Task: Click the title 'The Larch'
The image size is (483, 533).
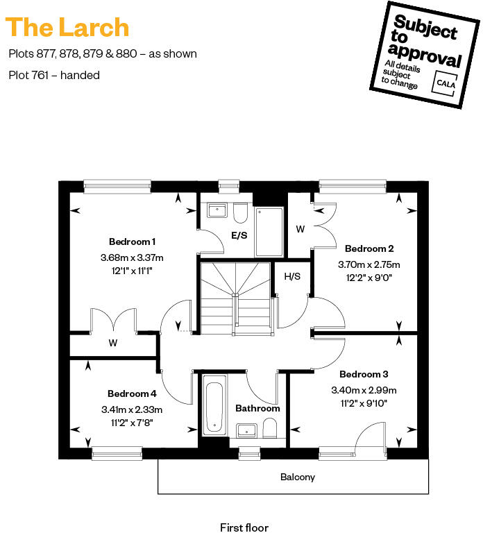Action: [x=67, y=27]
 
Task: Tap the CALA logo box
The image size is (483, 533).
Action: [x=445, y=82]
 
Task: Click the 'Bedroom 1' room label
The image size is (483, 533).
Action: [x=132, y=242]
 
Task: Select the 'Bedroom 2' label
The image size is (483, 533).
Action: [x=369, y=248]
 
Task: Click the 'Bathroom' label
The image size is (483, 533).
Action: [x=257, y=408]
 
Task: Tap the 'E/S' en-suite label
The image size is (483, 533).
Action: [x=239, y=236]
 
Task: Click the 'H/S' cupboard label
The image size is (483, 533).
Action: [x=292, y=276]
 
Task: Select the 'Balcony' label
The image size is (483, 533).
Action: [x=298, y=477]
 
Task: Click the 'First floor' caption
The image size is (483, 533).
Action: [x=244, y=527]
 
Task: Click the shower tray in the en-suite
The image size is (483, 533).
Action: [x=269, y=231]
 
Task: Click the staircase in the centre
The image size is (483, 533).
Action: [x=236, y=294]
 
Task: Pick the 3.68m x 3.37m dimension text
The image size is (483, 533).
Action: [x=132, y=257]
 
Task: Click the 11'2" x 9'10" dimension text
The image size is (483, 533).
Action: [x=364, y=403]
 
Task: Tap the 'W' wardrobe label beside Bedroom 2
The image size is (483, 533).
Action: [x=300, y=228]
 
